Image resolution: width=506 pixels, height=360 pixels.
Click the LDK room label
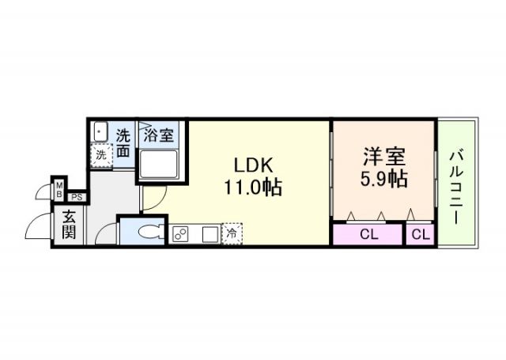[252, 165]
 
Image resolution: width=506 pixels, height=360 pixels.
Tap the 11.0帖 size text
[252, 188]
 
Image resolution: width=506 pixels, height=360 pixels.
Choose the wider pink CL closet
[368, 235]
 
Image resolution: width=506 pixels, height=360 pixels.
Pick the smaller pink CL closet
[421, 235]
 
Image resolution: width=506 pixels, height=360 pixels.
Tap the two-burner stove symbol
[180, 234]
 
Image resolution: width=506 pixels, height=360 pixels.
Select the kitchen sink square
[210, 234]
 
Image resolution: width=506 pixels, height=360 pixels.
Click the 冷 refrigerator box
[232, 234]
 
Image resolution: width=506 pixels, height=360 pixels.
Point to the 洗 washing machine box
[100, 156]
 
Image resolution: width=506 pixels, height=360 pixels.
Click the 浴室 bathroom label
[159, 135]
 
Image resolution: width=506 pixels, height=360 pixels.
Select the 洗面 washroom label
[124, 143]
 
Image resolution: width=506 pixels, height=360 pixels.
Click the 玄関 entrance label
[69, 226]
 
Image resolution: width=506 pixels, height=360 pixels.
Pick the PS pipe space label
[77, 197]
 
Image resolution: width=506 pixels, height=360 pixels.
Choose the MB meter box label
[59, 190]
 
